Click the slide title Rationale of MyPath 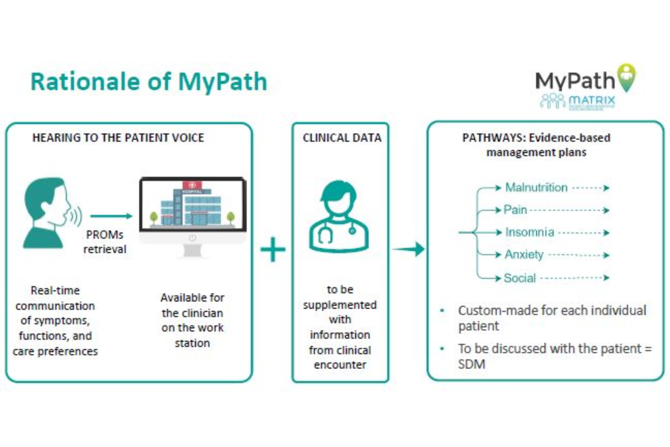click(149, 81)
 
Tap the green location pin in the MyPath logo click(627, 77)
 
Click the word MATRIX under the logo click(592, 101)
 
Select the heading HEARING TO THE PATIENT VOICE click(118, 138)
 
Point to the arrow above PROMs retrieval click(111, 216)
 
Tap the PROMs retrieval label click(105, 242)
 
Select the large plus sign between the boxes click(273, 250)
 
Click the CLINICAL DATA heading click(342, 138)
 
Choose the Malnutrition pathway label click(536, 188)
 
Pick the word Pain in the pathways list click(515, 210)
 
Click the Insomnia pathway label click(529, 232)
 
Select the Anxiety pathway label click(524, 255)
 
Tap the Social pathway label click(520, 278)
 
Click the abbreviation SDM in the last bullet click(471, 364)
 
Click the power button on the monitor click(192, 238)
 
